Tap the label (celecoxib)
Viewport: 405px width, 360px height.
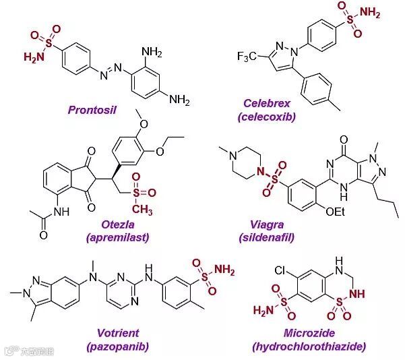coord(271,116)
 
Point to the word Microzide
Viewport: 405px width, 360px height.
coord(309,334)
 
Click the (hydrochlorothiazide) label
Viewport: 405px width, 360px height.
coord(309,347)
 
